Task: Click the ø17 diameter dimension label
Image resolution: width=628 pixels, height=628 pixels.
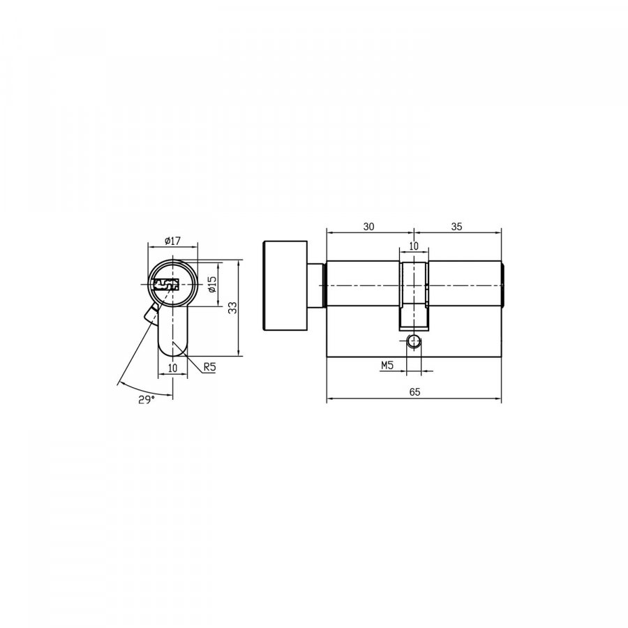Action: pyautogui.click(x=172, y=241)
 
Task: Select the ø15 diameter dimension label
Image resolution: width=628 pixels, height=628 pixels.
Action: pyautogui.click(x=212, y=285)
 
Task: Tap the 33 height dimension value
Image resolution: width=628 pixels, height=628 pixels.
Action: pyautogui.click(x=232, y=308)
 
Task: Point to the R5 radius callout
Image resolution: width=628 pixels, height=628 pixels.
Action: pyautogui.click(x=209, y=366)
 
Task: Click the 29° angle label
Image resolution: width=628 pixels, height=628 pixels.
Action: pyautogui.click(x=147, y=399)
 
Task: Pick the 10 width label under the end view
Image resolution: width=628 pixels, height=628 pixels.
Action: pyautogui.click(x=172, y=368)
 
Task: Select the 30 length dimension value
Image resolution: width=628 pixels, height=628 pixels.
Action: pyautogui.click(x=369, y=226)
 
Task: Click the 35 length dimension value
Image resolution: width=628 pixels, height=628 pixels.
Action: pyautogui.click(x=456, y=226)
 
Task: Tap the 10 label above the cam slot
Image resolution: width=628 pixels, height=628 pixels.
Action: pyautogui.click(x=414, y=246)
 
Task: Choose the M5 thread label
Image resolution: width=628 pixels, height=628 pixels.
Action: pyautogui.click(x=387, y=365)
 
